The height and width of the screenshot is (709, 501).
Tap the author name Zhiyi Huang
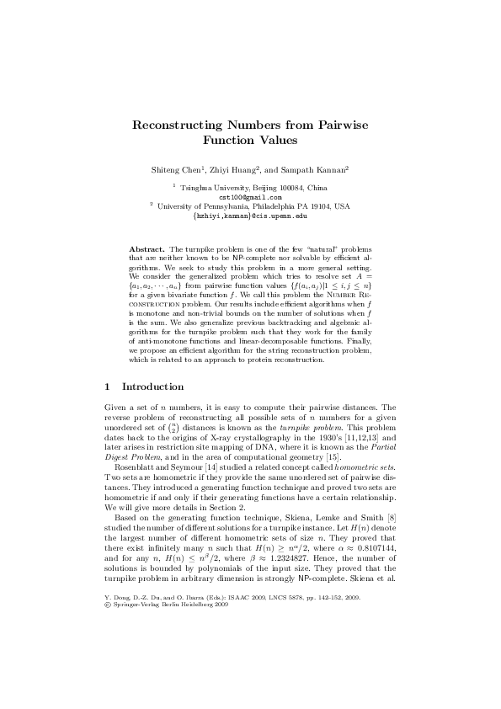[x=233, y=169]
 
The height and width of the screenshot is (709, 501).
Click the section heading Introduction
[x=153, y=386]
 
